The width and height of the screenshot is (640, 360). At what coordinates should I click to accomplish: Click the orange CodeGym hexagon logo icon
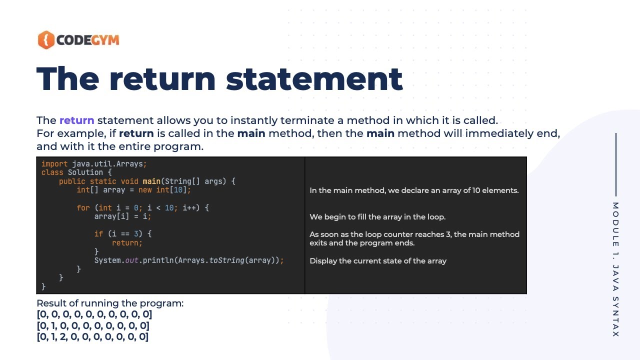point(45,40)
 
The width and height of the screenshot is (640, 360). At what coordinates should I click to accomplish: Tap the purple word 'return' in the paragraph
point(76,120)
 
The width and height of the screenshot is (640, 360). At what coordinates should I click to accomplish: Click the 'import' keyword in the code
point(54,163)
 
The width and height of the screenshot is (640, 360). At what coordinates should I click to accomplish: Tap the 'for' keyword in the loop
point(83,207)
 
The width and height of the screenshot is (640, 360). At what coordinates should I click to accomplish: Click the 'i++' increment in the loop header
point(189,207)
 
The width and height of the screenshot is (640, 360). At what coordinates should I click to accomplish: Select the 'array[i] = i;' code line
point(122,216)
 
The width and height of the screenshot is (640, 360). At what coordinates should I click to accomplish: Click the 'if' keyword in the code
point(98,234)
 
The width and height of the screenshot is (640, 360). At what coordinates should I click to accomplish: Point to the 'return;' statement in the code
point(127,243)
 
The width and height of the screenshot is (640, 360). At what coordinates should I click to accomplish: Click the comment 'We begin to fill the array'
point(377,217)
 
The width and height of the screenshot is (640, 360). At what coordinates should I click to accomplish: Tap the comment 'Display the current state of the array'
point(377,261)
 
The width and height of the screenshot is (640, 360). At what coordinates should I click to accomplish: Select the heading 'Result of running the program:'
point(110,303)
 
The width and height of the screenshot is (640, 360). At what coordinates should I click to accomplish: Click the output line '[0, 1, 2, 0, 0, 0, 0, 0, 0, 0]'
point(92,336)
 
